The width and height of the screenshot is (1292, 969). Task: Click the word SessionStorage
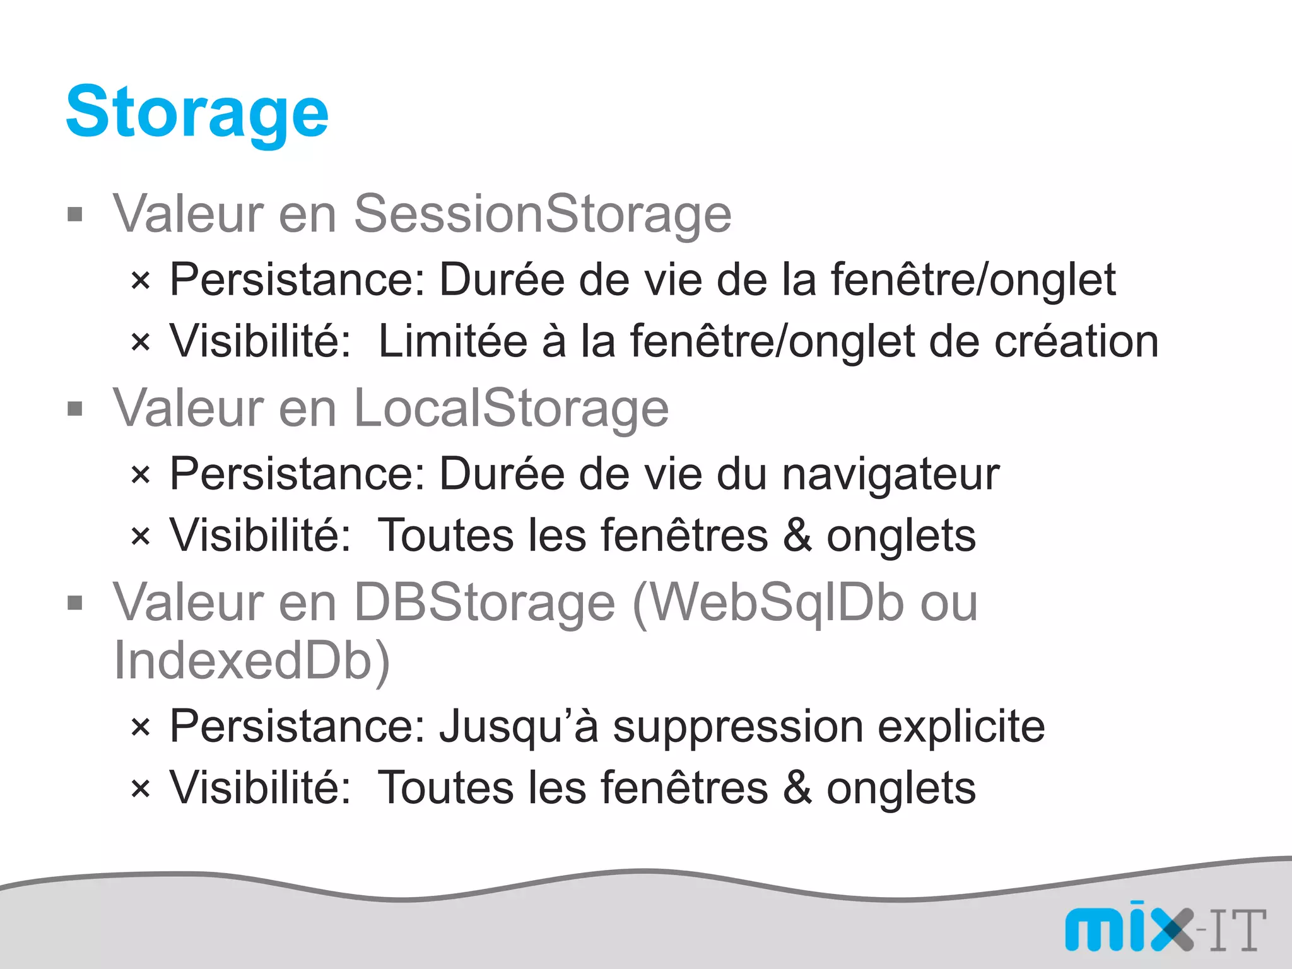(542, 214)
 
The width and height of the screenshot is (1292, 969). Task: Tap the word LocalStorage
(511, 409)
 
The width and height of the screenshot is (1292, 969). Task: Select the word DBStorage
(484, 602)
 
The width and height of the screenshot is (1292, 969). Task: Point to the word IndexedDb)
(252, 661)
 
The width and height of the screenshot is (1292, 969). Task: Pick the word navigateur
(890, 474)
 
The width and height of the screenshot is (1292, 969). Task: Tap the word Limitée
(452, 341)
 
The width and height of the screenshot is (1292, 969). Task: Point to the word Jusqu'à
(519, 727)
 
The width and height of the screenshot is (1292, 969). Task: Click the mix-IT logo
(1165, 929)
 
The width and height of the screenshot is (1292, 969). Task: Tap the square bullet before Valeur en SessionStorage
(75, 214)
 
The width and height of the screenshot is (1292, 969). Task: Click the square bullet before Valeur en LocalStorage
(75, 409)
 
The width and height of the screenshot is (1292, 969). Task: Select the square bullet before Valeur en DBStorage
(75, 603)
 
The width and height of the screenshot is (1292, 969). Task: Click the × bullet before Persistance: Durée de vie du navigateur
(141, 474)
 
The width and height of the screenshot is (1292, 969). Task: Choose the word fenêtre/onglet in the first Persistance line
(972, 279)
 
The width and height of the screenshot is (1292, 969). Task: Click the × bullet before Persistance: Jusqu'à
(141, 727)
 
